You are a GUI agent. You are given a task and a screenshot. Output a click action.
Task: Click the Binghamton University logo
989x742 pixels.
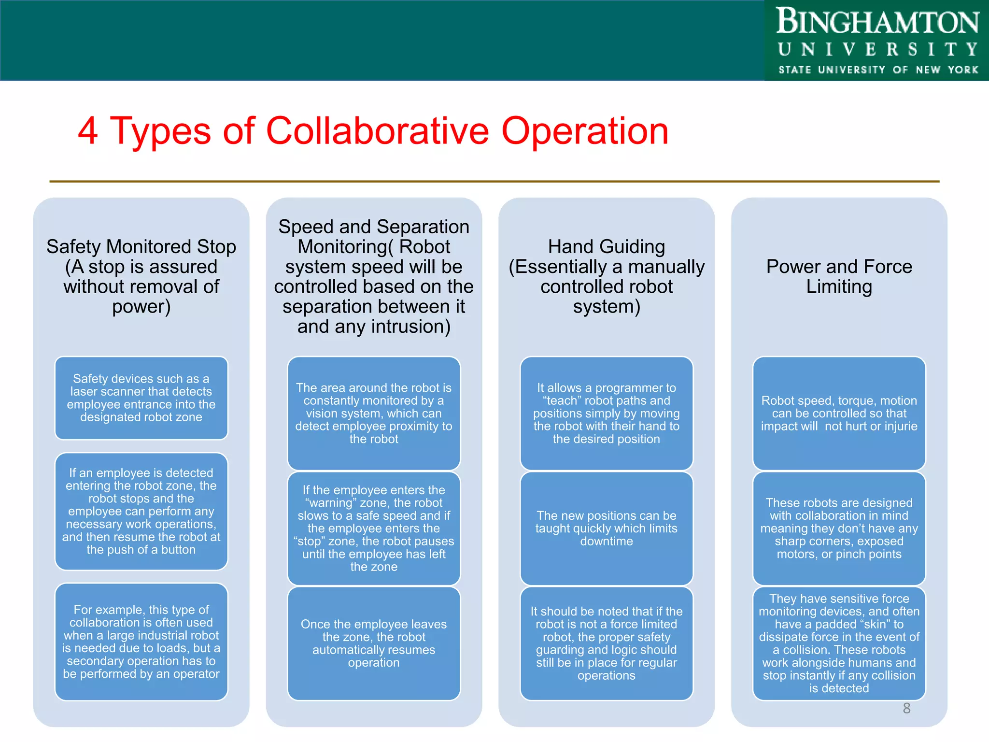[x=877, y=41]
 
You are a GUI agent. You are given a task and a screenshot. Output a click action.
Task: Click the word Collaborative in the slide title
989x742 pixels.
[x=378, y=131]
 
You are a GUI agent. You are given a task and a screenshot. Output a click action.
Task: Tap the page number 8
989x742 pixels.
[x=906, y=708]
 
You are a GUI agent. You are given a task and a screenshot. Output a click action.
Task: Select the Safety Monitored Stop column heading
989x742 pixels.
[x=141, y=276]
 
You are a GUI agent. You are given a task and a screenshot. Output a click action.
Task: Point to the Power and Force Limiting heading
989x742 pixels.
[x=839, y=276]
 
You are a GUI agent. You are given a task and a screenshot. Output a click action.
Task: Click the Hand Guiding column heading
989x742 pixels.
[x=606, y=276]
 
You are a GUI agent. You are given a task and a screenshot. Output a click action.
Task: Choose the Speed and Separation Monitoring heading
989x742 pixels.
[x=374, y=276]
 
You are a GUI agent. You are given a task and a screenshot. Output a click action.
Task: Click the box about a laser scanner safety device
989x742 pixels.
[x=141, y=398]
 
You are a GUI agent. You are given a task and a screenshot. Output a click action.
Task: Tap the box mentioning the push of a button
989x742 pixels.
[x=141, y=511]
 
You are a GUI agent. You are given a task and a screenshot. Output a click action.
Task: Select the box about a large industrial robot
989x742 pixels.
[x=141, y=642]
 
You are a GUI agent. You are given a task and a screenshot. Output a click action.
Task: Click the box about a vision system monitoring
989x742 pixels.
[x=374, y=413]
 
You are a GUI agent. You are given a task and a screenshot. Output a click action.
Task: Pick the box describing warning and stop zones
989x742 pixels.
[x=374, y=528]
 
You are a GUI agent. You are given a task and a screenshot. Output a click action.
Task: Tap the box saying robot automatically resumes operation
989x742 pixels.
[x=374, y=643]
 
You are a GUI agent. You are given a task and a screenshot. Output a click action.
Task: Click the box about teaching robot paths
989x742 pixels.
[x=606, y=413]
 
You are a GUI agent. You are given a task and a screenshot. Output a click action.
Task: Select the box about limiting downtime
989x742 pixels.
[x=606, y=528]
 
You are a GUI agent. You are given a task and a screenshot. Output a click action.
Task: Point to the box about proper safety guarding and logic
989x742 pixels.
[x=606, y=643]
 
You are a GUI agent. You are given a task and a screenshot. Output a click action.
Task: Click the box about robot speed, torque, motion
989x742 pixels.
[x=839, y=413]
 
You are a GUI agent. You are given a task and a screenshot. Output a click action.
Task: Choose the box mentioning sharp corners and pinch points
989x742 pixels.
[x=839, y=528]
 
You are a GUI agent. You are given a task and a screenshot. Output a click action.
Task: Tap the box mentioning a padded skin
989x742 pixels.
[x=839, y=643]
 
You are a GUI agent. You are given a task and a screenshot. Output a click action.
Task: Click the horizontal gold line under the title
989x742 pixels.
[x=494, y=182]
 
